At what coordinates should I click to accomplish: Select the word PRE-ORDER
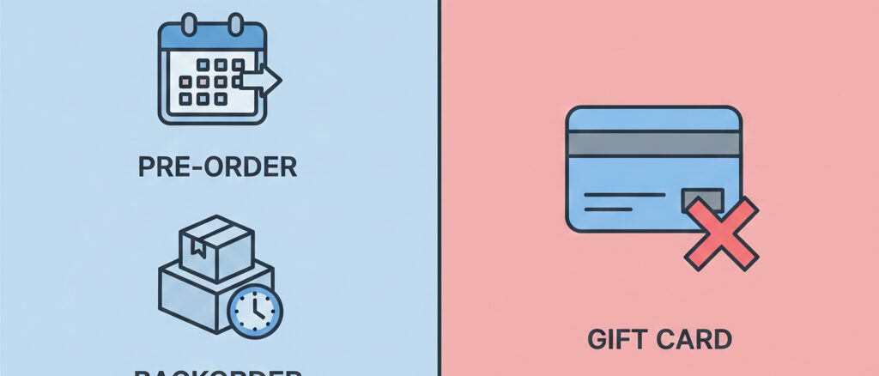tap(217, 167)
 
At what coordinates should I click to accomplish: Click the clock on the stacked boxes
tap(256, 310)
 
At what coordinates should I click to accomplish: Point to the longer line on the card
tap(624, 196)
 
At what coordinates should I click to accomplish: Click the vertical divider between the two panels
tap(439, 188)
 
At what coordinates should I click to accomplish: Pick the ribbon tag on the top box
tap(197, 251)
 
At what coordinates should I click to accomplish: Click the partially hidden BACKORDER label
tap(217, 372)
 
